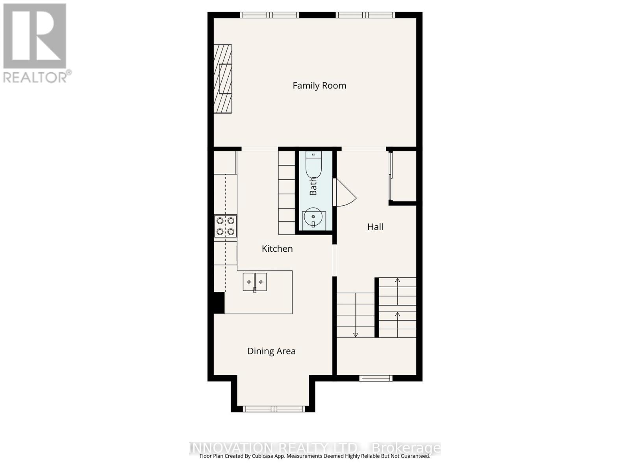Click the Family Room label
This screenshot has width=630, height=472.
(319, 85)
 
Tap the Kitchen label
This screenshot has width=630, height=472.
(277, 249)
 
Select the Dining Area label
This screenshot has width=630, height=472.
(271, 351)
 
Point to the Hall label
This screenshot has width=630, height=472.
(375, 227)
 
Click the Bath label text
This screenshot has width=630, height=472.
(313, 186)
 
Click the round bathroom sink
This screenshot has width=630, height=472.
(313, 217)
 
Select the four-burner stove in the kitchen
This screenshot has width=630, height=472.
(226, 226)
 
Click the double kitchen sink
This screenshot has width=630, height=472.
(255, 282)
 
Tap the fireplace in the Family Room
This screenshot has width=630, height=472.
(223, 79)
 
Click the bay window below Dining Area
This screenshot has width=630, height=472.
(273, 409)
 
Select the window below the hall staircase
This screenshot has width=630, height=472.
(376, 378)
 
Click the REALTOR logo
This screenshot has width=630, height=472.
(35, 36)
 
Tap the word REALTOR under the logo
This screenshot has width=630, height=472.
(35, 77)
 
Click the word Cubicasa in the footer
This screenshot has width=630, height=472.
(265, 456)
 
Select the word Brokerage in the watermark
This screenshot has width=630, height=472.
(406, 448)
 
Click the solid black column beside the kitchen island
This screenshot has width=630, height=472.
(219, 302)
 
